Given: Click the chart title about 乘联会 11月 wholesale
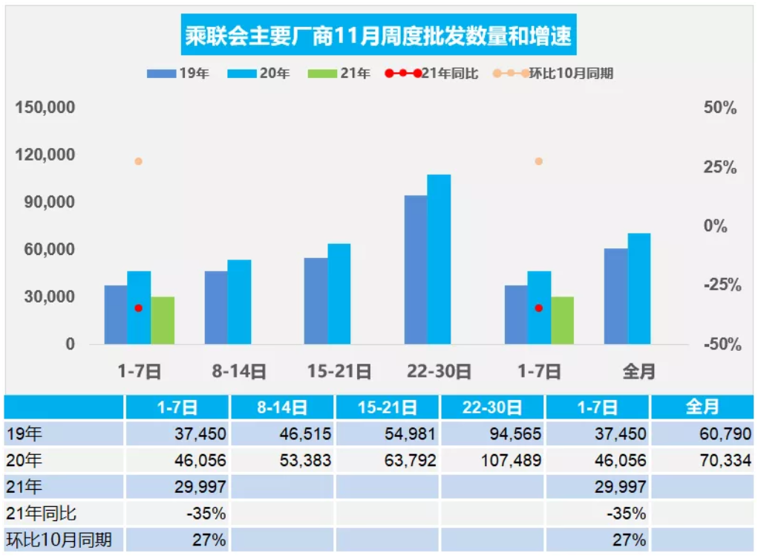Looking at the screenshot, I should (378, 35).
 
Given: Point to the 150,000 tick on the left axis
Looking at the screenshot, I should (45, 108).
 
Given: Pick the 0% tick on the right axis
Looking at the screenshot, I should (716, 226).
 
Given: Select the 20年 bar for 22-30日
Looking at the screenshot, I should (439, 259).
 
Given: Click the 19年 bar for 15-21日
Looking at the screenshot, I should (316, 301).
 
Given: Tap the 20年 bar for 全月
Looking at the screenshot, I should (639, 288).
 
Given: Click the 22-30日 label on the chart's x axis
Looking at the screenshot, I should (440, 370).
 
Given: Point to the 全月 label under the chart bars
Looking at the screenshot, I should (639, 370).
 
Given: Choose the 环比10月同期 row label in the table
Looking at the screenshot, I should (59, 540).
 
